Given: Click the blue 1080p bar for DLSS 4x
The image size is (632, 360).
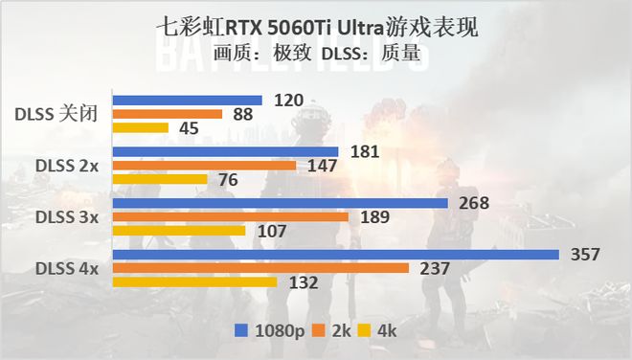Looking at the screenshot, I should tap(335, 255).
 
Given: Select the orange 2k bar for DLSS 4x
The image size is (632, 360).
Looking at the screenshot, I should tap(260, 268).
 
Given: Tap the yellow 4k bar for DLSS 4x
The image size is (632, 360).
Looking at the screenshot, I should tap(194, 281).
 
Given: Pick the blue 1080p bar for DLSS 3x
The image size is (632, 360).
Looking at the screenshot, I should tap(281, 203).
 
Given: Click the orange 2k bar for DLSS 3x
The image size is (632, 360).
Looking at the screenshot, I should tap(230, 216).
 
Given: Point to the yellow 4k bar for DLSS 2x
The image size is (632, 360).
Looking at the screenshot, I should tap(160, 179).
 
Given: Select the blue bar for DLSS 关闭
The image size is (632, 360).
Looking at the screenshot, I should tap(188, 101).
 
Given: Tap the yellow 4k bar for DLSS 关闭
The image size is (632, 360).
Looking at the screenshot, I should tap(141, 127).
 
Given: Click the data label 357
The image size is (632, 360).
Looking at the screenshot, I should tap(584, 255).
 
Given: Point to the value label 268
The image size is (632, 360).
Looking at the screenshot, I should tap(474, 203).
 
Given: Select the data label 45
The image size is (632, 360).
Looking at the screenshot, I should tap(188, 128).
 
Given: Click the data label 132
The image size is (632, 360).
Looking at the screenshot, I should tap(303, 282).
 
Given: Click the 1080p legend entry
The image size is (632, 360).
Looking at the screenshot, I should tap(271, 331).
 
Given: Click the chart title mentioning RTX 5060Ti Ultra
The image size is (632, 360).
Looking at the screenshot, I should tap(316, 30).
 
